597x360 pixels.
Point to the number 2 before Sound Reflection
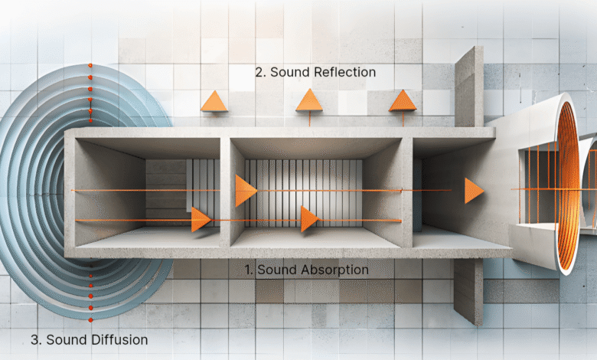(259, 72)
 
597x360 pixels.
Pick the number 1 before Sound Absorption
(249, 270)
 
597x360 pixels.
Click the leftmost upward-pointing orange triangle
(214, 101)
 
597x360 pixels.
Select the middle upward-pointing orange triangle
(309, 100)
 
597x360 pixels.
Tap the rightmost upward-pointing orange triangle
(403, 100)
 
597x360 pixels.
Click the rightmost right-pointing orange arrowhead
(474, 191)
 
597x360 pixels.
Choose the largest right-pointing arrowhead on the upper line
(246, 191)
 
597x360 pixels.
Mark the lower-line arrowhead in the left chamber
(201, 220)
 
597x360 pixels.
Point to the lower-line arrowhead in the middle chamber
(309, 219)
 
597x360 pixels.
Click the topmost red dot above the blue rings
(90, 66)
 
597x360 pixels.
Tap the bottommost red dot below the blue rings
(90, 320)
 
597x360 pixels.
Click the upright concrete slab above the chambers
(469, 87)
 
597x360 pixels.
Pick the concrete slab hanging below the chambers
(468, 291)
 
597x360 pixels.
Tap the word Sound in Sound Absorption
(278, 270)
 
